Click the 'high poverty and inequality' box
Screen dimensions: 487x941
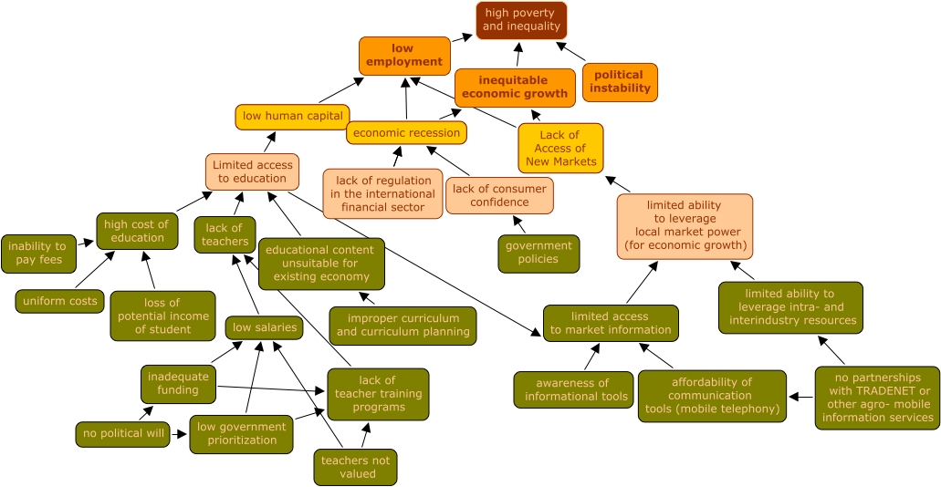pyautogui.click(x=521, y=20)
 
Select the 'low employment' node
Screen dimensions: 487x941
pyautogui.click(x=403, y=56)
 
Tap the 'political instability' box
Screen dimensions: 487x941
pyautogui.click(x=620, y=82)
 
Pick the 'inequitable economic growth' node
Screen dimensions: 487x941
pyautogui.click(x=514, y=87)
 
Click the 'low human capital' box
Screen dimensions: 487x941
pyautogui.click(x=292, y=117)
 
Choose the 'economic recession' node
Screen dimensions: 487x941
pyautogui.click(x=406, y=133)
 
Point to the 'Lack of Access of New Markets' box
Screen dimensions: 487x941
pyautogui.click(x=560, y=149)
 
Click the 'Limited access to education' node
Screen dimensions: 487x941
pyautogui.click(x=252, y=171)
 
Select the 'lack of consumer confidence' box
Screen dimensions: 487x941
pyautogui.click(x=499, y=196)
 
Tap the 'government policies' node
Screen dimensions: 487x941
pyautogui.click(x=538, y=253)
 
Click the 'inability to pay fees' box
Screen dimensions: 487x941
pyautogui.click(x=38, y=254)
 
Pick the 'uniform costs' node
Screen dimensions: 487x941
pyautogui.click(x=59, y=301)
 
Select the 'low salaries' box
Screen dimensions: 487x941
pyautogui.click(x=264, y=327)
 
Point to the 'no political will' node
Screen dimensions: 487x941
pyautogui.click(x=122, y=434)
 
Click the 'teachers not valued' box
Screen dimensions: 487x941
pyautogui.click(x=355, y=467)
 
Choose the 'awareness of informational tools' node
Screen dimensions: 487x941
pyautogui.click(x=572, y=389)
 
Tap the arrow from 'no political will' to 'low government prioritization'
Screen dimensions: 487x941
pyautogui.click(x=179, y=434)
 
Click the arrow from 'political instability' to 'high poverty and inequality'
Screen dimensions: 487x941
pyautogui.click(x=570, y=51)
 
